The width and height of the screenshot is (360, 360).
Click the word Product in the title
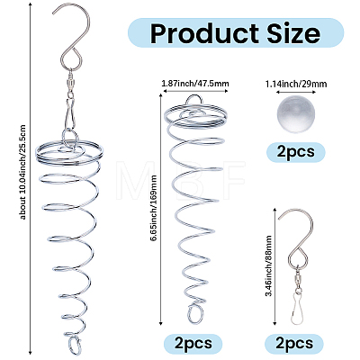click(x=204, y=33)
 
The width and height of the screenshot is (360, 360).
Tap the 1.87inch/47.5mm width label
click(x=195, y=83)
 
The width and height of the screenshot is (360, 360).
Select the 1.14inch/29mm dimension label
click(x=296, y=84)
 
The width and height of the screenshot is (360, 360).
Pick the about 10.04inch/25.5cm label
click(x=23, y=172)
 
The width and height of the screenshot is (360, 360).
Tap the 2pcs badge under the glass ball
click(x=296, y=152)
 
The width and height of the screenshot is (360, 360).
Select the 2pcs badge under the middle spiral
click(x=193, y=343)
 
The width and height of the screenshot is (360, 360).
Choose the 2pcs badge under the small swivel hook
click(x=294, y=343)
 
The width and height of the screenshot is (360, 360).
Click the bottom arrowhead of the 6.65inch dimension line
click(x=161, y=322)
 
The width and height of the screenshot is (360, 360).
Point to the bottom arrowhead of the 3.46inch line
click(x=274, y=322)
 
